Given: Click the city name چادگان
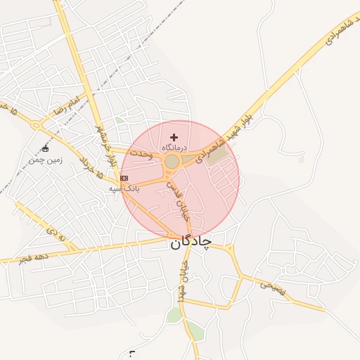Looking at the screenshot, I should (190, 242).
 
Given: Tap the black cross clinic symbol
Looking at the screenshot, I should (174, 136).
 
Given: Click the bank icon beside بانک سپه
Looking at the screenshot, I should (124, 179).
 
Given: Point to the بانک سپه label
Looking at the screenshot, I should (124, 188).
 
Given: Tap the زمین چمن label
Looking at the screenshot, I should (46, 160).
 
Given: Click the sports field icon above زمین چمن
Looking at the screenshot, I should (46, 148).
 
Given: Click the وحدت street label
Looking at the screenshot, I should (141, 153).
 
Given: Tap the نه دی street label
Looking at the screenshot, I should (56, 233).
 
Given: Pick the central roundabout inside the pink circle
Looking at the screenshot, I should (172, 162).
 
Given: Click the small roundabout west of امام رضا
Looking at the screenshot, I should (35, 126).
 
